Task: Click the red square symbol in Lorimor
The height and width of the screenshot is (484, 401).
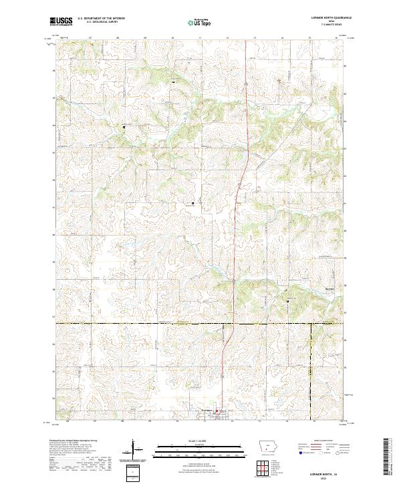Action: coord(216,412)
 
